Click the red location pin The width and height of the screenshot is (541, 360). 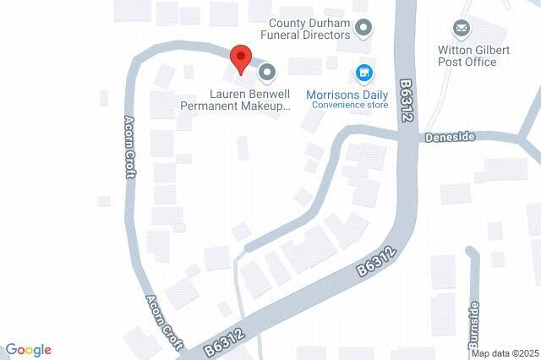pyautogui.click(x=241, y=58)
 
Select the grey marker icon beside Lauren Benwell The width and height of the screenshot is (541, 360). pyautogui.click(x=267, y=73)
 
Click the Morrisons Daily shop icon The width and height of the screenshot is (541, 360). pyautogui.click(x=364, y=74)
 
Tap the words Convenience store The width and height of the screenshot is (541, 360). pyautogui.click(x=349, y=105)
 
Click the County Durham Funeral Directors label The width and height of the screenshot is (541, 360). pyautogui.click(x=309, y=30)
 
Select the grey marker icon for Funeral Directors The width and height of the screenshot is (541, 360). pyautogui.click(x=363, y=29)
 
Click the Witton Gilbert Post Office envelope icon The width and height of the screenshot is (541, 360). pyautogui.click(x=462, y=30)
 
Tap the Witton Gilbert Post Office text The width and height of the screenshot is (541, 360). pyautogui.click(x=473, y=56)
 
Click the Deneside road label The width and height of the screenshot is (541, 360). pyautogui.click(x=451, y=136)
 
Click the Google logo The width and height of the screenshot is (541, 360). pyautogui.click(x=28, y=350)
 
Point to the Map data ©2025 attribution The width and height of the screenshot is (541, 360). pyautogui.click(x=505, y=352)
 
